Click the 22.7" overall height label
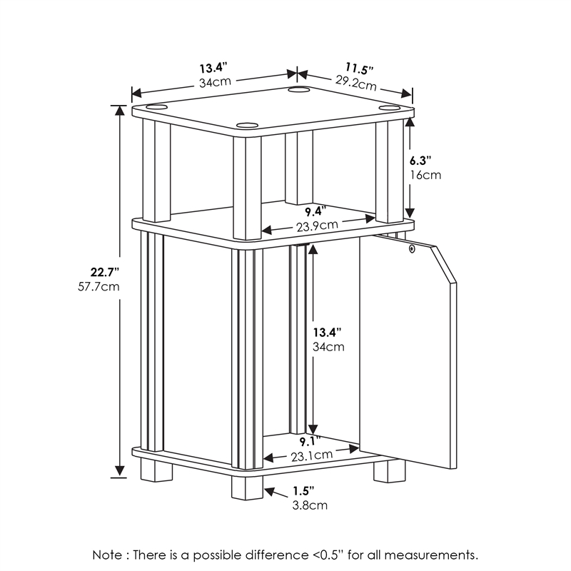pos(104,272)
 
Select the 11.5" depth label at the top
pos(359,69)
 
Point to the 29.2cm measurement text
pos(356,84)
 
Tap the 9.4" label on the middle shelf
pos(313,211)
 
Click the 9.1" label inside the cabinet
pos(309,440)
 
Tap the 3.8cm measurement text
pos(310,505)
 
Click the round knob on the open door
pos(412,249)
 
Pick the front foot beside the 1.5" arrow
pos(247,487)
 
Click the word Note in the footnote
pos(108,555)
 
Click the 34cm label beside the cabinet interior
pos(329,347)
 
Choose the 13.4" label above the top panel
pos(213,69)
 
